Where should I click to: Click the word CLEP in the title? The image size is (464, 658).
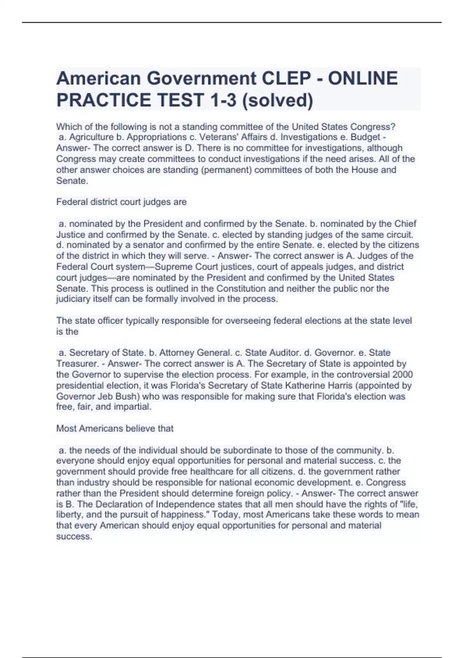(x=286, y=79)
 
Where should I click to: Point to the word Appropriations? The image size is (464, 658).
(x=157, y=137)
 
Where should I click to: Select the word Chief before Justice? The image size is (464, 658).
(x=405, y=224)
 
